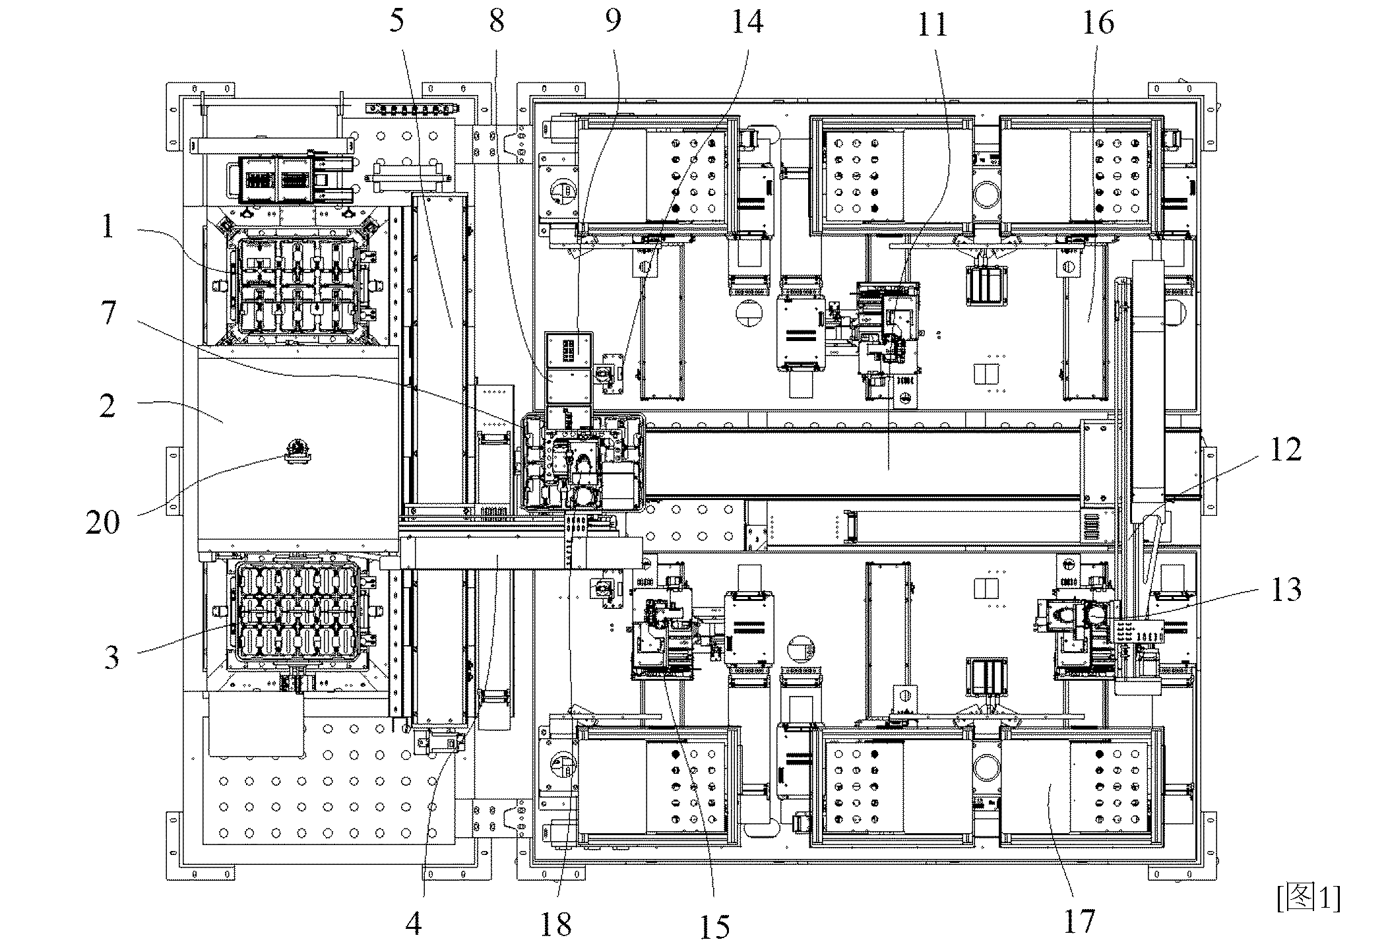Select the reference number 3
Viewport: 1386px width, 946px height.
coord(111,656)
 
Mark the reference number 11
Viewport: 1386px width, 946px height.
coord(932,24)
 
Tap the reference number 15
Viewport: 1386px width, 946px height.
coord(714,927)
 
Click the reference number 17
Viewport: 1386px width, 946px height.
coord(1079,921)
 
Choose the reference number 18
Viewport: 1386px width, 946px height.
coord(555,925)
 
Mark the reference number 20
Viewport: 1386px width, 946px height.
coord(103,522)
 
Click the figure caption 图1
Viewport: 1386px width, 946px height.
coord(1308,898)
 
